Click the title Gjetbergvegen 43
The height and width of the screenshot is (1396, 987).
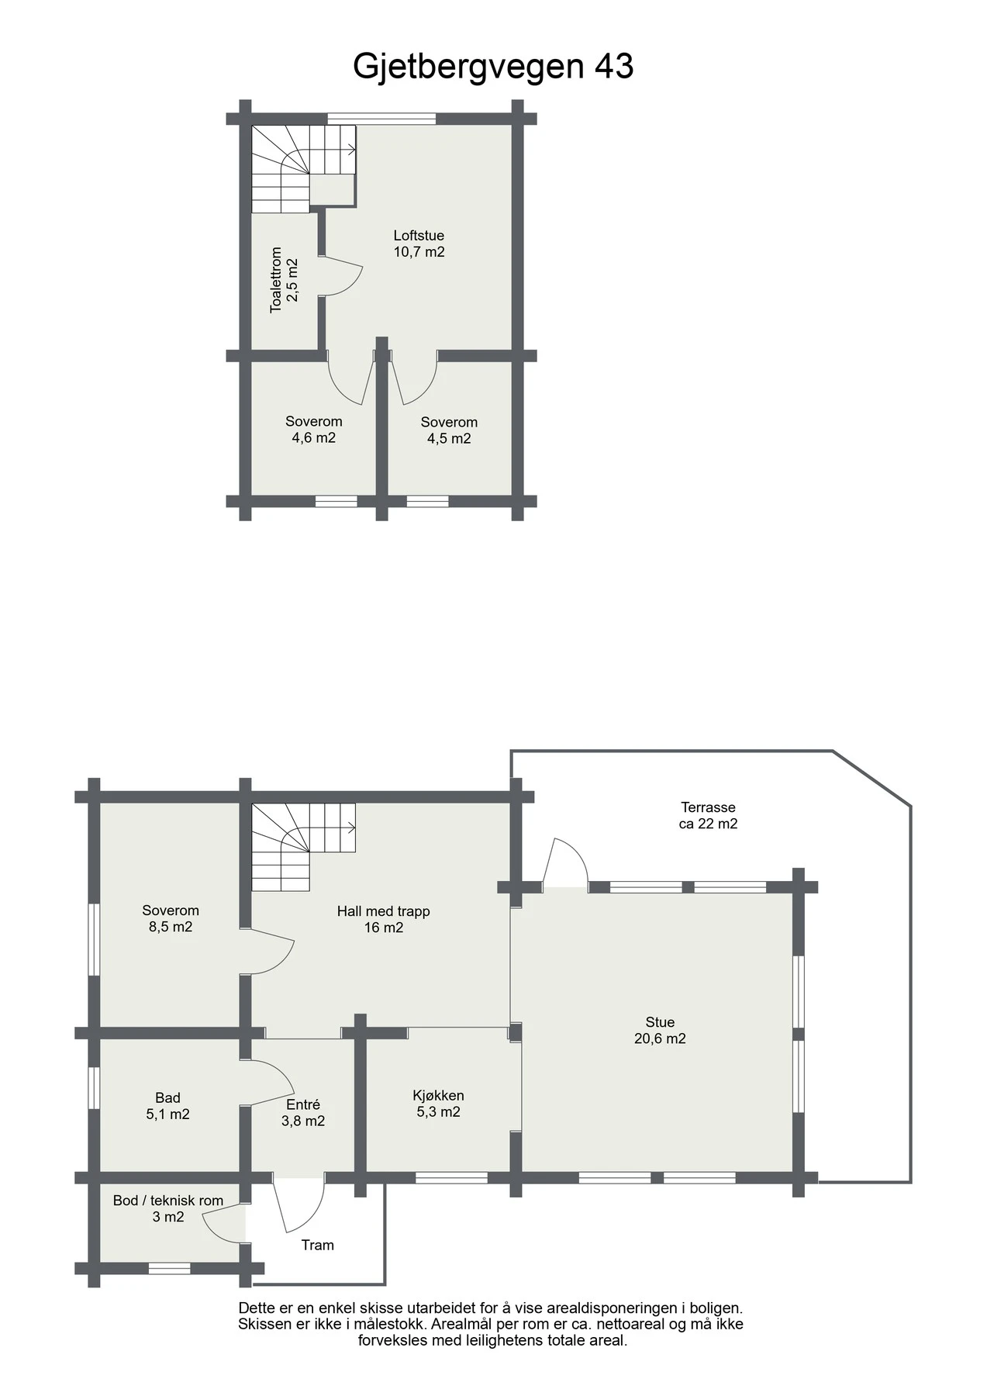tap(493, 67)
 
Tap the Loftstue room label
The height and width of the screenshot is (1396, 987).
tap(419, 236)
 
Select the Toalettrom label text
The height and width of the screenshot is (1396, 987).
tap(276, 280)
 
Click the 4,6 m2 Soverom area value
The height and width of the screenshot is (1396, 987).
tap(313, 438)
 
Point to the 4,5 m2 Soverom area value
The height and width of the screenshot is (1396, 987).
tap(449, 439)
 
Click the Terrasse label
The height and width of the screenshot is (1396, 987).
tap(708, 807)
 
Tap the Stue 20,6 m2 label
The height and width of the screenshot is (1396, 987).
tap(660, 1030)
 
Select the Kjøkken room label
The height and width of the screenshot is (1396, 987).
tap(438, 1096)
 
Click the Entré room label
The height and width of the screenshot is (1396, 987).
tap(302, 1104)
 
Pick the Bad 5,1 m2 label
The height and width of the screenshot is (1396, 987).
tap(167, 1106)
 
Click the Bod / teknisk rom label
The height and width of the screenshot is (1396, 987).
tap(168, 1201)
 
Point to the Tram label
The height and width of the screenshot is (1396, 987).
tap(318, 1245)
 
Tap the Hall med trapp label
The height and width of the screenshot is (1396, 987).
tap(383, 911)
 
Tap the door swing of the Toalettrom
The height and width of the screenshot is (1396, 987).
tap(341, 276)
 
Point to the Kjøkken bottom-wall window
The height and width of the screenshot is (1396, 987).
tap(451, 1177)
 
